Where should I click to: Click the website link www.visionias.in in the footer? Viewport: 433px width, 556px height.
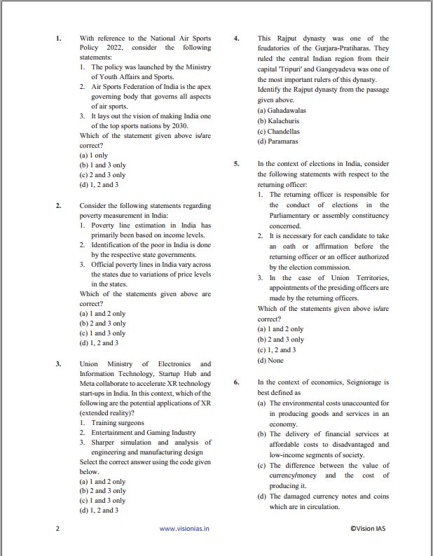tap(184, 529)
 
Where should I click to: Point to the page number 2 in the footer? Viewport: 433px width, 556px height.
tap(57, 529)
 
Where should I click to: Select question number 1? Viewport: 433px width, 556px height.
tap(59, 39)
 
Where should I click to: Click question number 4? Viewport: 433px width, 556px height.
tap(238, 39)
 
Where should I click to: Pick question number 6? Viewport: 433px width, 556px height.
tap(238, 382)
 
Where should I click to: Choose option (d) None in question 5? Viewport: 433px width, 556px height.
tap(270, 360)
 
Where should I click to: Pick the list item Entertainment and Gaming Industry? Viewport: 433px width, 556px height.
tap(143, 433)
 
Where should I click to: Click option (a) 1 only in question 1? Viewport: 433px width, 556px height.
tap(94, 155)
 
